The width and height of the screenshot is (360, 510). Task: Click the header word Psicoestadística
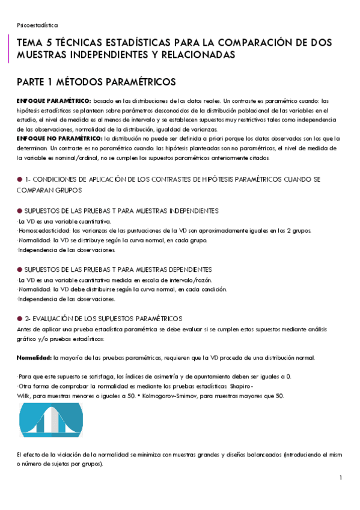click(x=37, y=25)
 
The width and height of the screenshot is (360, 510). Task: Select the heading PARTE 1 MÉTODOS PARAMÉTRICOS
click(x=96, y=81)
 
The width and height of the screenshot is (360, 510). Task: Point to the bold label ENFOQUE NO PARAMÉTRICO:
click(x=59, y=138)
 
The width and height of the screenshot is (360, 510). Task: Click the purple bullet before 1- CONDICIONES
click(x=19, y=179)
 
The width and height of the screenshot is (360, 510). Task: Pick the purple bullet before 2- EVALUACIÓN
click(x=19, y=318)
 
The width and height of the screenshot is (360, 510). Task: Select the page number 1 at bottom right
click(x=340, y=478)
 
